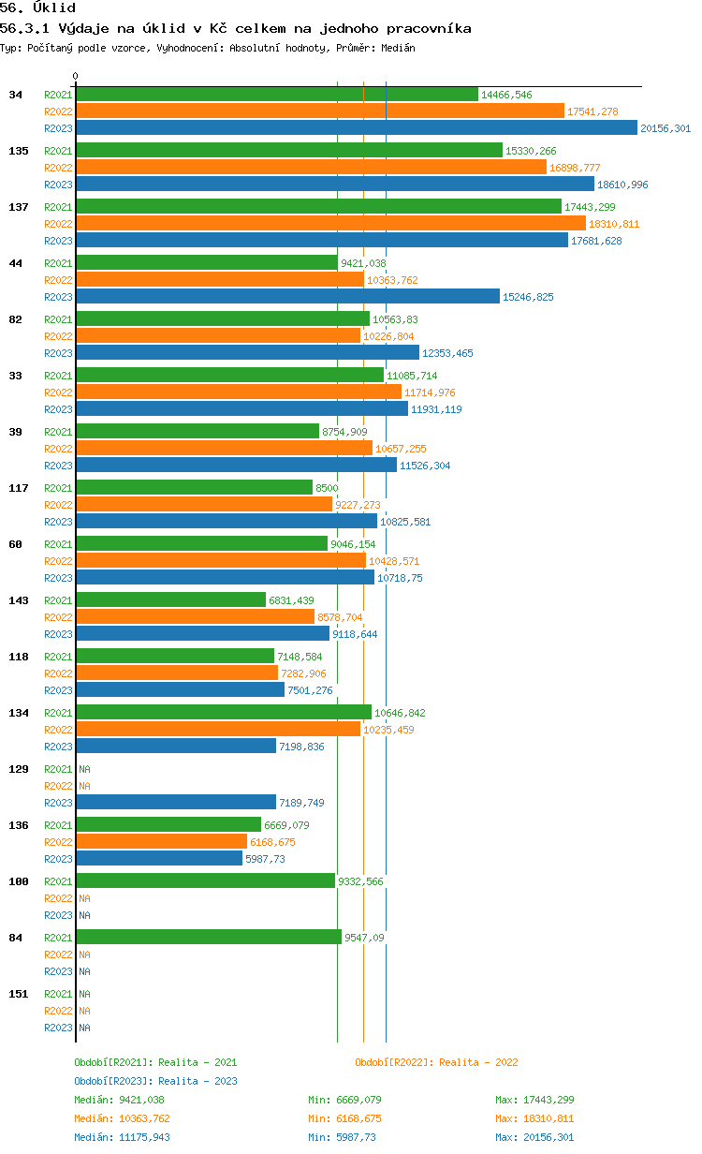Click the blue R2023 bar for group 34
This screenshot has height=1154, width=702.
357,127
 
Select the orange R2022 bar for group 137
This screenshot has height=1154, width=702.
331,224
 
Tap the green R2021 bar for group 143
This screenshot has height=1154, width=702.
171,600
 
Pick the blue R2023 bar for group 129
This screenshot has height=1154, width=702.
176,803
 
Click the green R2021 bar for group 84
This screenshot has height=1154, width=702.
209,938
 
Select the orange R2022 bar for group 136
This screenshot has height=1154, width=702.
162,842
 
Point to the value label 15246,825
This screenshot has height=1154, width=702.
528,297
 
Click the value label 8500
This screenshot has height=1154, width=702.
327,488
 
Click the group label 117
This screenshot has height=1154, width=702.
19,488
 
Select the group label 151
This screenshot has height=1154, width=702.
19,994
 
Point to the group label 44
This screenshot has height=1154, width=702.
15,263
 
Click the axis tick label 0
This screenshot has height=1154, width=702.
75,76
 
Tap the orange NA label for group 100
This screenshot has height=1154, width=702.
84,898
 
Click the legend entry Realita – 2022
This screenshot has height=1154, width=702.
436,1062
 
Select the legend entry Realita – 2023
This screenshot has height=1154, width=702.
155,1081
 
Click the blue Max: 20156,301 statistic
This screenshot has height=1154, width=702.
534,1137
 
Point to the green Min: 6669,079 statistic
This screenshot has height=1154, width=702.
344,1100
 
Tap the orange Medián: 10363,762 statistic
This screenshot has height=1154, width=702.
122,1118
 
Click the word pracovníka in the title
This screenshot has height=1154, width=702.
429,29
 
